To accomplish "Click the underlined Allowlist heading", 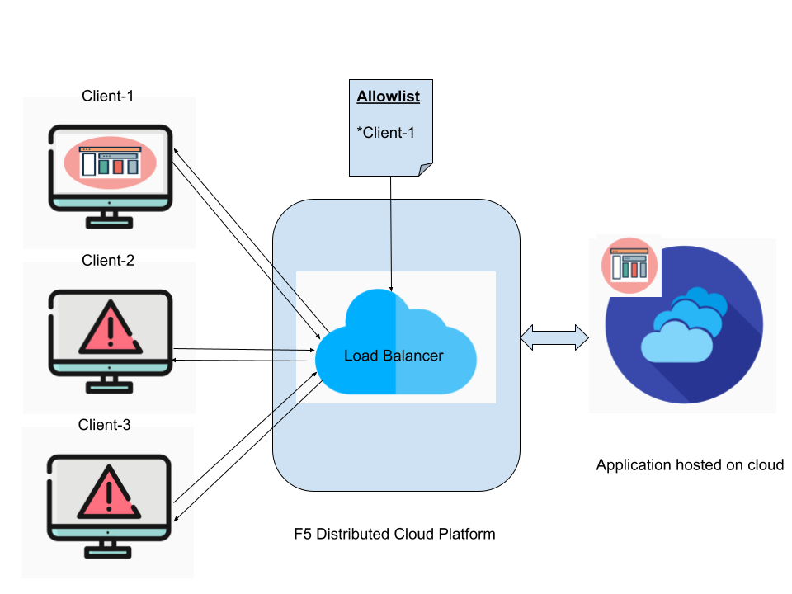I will pyautogui.click(x=388, y=97).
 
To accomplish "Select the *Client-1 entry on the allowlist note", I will pyautogui.click(x=386, y=132).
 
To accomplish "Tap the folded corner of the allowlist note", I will pyautogui.click(x=426, y=169).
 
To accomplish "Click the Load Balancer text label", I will pyautogui.click(x=394, y=356).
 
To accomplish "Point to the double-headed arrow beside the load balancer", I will pyautogui.click(x=554, y=337).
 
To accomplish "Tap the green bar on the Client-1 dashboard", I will pyautogui.click(x=104, y=167).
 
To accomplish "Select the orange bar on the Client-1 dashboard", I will pyautogui.click(x=118, y=167).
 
